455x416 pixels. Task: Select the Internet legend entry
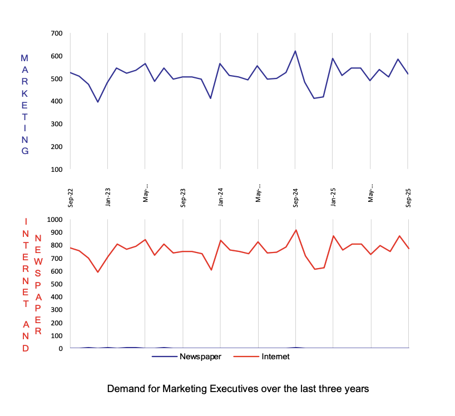coord(275,356)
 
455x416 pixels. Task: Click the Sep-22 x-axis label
coord(71,198)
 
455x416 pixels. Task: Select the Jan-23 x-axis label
coord(108,198)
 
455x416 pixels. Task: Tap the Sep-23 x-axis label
coord(183,198)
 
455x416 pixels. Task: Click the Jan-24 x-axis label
coord(221,198)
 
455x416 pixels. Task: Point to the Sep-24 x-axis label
coord(296,198)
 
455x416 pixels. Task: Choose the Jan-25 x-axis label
coord(333,198)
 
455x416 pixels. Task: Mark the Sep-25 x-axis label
coord(408,198)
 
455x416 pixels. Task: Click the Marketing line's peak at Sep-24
coord(295,51)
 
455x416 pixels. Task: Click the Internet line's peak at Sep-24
coord(295,230)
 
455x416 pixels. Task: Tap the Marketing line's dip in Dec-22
coord(98,102)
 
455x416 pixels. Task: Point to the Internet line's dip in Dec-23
coord(211,270)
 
